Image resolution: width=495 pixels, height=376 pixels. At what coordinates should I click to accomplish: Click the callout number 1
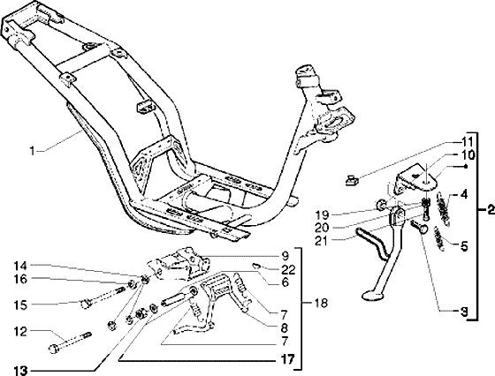32,151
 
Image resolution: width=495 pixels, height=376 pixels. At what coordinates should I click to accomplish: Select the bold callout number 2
491,209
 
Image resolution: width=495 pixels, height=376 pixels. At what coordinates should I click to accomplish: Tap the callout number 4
463,194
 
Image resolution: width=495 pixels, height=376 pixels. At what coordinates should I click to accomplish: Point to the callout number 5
463,246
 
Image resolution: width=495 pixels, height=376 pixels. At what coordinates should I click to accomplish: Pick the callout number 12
20,332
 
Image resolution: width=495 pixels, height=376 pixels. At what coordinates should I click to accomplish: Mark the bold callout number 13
20,370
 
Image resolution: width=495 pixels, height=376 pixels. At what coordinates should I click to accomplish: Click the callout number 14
20,267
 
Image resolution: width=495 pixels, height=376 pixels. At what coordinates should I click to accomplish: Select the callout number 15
20,305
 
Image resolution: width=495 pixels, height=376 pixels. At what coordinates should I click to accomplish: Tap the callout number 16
20,279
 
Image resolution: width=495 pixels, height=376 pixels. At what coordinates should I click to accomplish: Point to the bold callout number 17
287,359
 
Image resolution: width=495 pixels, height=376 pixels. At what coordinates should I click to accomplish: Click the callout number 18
322,304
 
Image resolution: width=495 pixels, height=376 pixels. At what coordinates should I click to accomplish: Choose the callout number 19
323,215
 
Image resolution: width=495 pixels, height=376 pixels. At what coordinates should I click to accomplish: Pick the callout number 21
322,241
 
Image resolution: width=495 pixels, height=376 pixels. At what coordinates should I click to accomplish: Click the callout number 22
288,270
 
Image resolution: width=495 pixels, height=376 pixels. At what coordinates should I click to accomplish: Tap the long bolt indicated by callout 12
70,341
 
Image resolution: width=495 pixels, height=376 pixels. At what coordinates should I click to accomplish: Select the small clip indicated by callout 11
352,181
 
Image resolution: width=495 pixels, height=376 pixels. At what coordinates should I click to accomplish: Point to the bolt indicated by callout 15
103,297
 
